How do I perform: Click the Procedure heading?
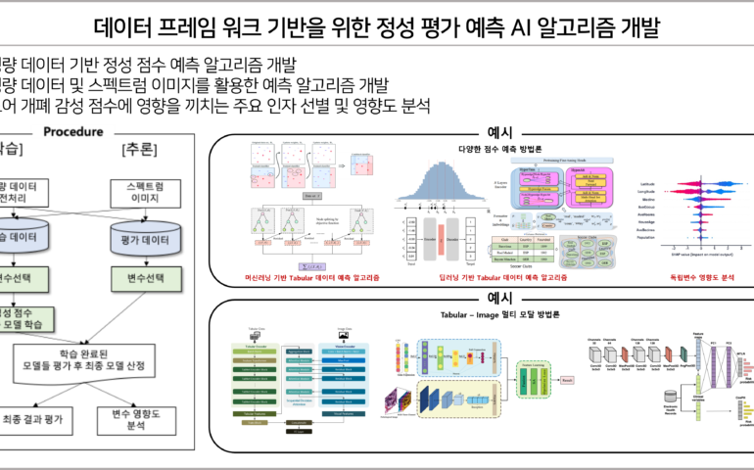click(x=73, y=132)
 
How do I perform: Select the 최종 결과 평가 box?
click(x=35, y=419)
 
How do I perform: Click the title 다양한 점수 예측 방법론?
click(x=499, y=149)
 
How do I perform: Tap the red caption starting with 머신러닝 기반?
click(x=312, y=278)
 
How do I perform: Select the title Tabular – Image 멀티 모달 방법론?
click(x=499, y=314)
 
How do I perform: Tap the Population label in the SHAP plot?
click(x=644, y=237)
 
